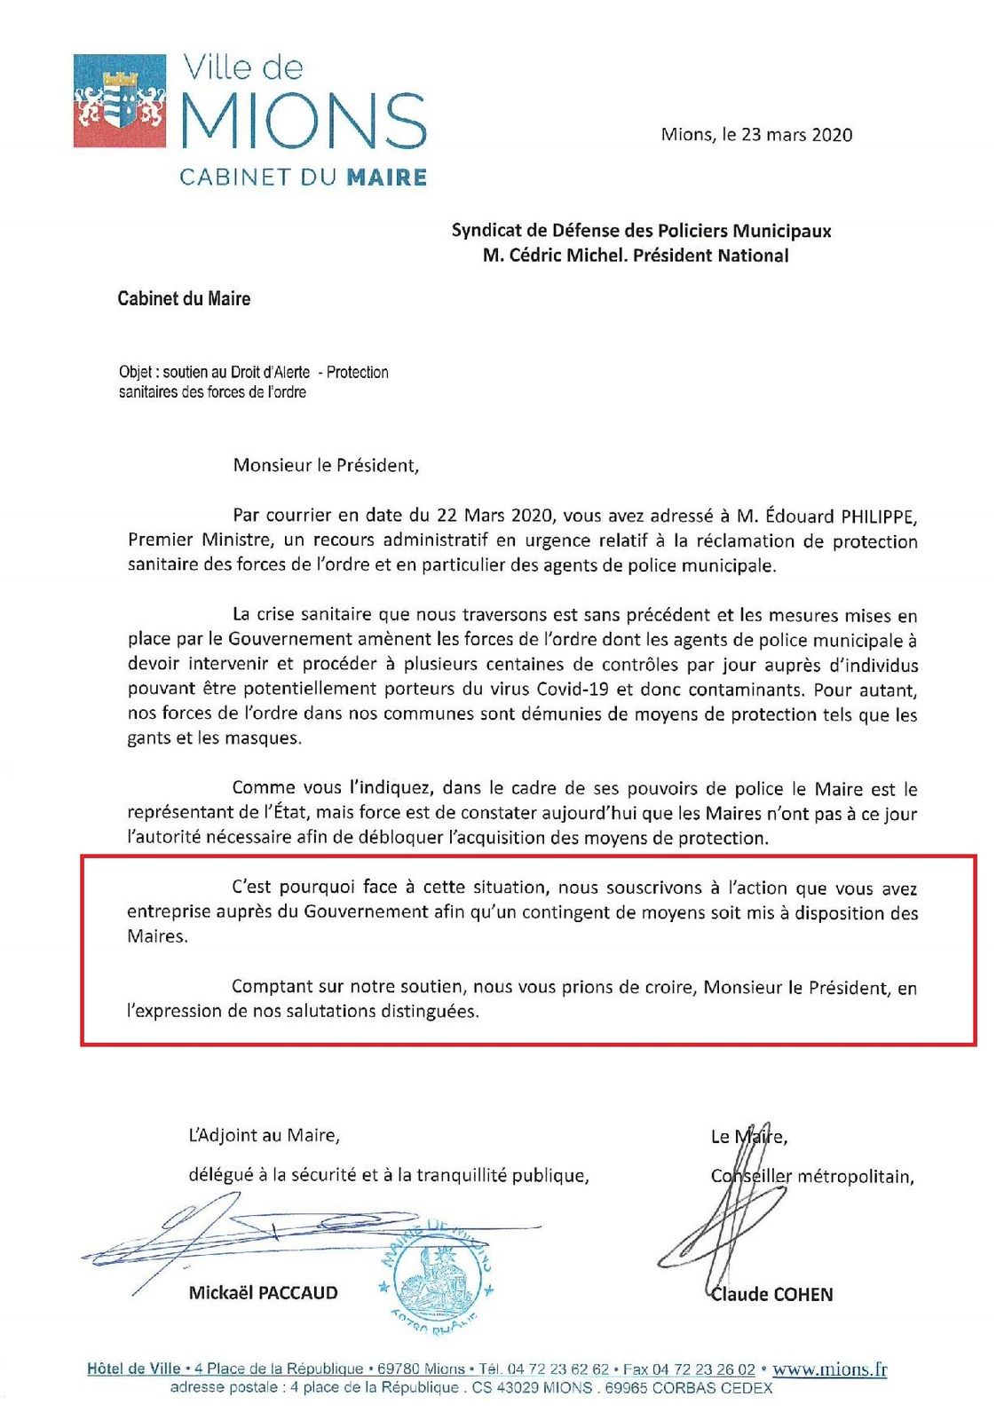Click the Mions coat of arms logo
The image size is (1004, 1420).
119,100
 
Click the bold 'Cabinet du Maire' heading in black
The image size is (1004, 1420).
184,299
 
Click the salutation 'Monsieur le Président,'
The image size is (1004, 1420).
325,466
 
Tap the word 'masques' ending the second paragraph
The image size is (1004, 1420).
265,738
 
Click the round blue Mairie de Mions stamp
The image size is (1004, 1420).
436,1275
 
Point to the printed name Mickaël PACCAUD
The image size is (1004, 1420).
263,1293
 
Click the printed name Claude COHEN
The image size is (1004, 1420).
771,1295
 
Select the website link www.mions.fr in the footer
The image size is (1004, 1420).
829,1369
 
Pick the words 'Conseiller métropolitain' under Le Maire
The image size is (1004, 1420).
811,1178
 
